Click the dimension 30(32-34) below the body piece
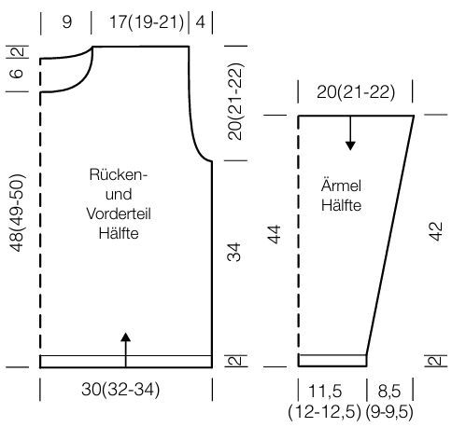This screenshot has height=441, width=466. point(120,390)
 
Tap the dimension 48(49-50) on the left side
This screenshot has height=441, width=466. point(17,213)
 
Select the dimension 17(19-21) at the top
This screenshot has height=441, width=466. point(147,22)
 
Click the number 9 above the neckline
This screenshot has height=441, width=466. point(67,21)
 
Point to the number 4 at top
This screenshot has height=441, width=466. point(201,22)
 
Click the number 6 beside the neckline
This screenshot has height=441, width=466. point(17,74)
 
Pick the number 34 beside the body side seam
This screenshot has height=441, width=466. point(234,252)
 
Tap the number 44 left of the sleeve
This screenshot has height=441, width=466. point(275,235)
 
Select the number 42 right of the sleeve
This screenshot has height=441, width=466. point(436,231)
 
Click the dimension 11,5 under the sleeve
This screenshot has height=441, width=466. point(325,391)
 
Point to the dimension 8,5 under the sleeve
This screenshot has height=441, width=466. point(389,391)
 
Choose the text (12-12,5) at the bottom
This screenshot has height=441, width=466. point(325,412)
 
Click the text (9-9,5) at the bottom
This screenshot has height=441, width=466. point(389,412)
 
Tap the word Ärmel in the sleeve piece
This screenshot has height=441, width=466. point(341,186)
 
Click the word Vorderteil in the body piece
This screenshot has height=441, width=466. point(119,214)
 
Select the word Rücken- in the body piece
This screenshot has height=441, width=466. point(118,174)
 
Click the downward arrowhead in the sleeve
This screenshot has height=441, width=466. point(350,145)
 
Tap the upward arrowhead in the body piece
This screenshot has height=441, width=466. point(126,338)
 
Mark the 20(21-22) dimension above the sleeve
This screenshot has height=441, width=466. point(356,92)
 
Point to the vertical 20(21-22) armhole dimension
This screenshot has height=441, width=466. point(235,102)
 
